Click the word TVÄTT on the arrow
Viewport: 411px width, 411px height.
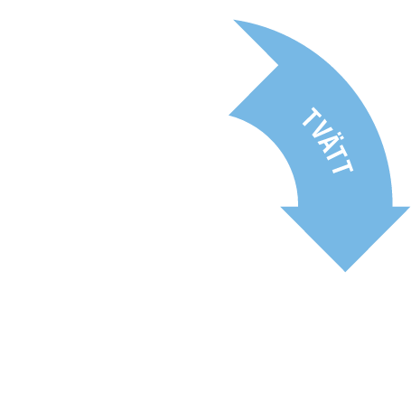coord(328,141)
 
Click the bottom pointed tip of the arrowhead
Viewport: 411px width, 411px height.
coord(345,272)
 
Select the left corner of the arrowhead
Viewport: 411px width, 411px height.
coord(281,207)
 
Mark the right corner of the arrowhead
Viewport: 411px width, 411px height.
coord(410,207)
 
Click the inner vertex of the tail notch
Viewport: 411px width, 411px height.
coord(278,65)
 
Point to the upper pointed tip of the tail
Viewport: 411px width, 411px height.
coord(234,20)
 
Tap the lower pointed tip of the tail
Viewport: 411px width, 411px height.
coord(229,115)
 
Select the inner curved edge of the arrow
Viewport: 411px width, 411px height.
coord(277,145)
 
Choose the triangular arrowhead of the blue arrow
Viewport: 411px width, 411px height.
coord(345,229)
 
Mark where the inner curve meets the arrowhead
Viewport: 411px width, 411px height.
coord(298,207)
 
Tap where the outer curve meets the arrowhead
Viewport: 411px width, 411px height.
coord(392,207)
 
